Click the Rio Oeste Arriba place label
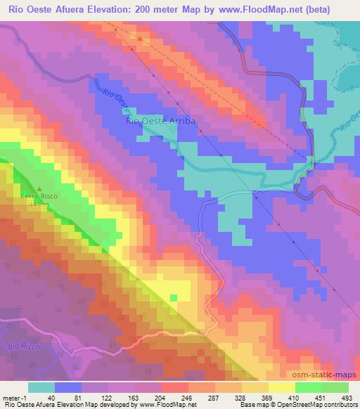[x=159, y=121]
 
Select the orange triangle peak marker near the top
[x=139, y=39]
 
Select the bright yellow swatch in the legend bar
[x=281, y=387]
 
